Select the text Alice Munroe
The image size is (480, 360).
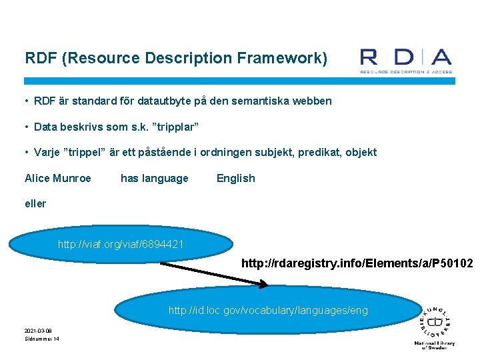58,178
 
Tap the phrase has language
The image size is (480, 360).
154,178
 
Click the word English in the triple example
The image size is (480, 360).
235,178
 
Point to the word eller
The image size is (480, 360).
35,203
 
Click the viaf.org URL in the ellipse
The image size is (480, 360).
121,245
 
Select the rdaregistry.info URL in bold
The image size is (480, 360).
357,264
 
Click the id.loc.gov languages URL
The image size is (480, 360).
268,310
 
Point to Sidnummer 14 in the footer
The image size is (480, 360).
42,339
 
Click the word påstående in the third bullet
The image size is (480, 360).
185,152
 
